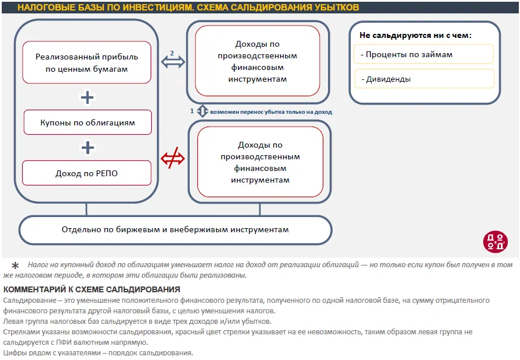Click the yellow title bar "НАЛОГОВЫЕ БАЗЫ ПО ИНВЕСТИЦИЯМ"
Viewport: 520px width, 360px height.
tap(188, 8)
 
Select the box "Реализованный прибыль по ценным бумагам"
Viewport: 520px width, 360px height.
tap(87, 62)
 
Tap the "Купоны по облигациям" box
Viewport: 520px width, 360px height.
tap(88, 123)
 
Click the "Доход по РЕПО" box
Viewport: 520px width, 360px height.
tap(87, 173)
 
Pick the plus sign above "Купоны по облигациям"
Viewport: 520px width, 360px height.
tap(87, 97)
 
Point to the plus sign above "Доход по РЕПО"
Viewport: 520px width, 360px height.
tap(88, 148)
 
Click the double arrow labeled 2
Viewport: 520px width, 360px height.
tap(172, 61)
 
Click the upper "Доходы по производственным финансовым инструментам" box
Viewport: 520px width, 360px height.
tap(257, 61)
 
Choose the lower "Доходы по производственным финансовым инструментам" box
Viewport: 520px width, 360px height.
tap(260, 162)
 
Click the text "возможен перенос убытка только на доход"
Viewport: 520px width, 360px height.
tap(271, 111)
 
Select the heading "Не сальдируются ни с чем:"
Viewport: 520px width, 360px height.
tap(416, 35)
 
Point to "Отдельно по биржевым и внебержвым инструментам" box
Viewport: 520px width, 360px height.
tap(175, 229)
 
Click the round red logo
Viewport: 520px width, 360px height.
tap(495, 242)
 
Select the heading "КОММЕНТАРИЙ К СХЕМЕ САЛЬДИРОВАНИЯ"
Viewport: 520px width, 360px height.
tap(92, 289)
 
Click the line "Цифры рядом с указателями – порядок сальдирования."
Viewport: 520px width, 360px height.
tap(98, 353)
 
